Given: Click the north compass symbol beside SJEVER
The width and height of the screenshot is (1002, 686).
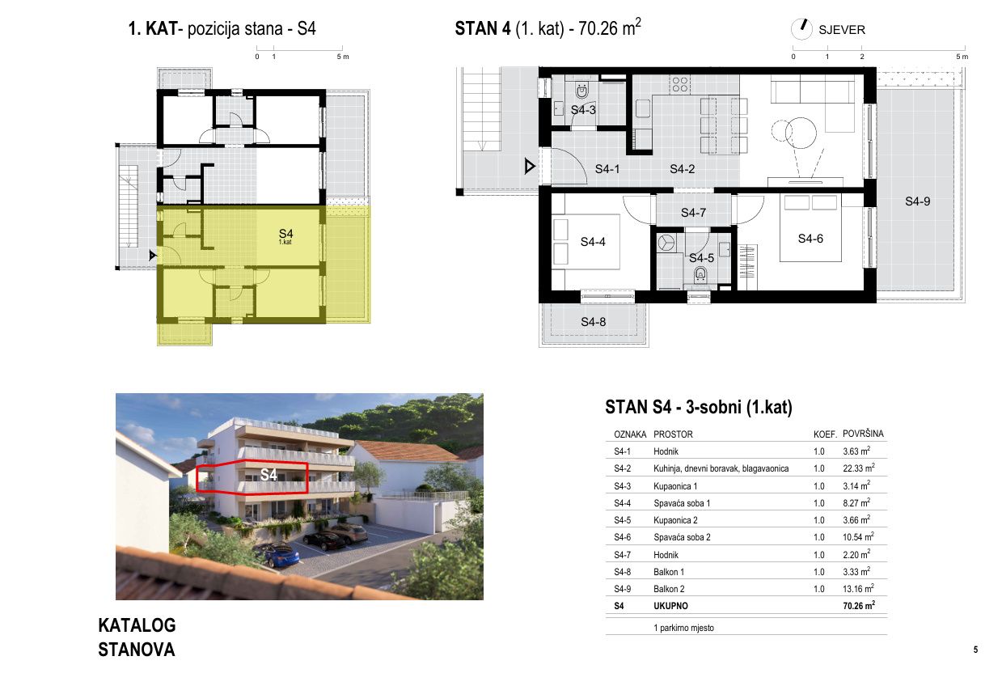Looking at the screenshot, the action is pyautogui.click(x=801, y=29).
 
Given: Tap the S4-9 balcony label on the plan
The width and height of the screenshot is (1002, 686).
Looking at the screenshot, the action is pyautogui.click(x=917, y=201).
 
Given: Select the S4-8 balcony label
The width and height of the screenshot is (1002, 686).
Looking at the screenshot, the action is pyautogui.click(x=593, y=322).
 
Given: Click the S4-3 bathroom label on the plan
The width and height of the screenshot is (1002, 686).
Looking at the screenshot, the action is pyautogui.click(x=583, y=110).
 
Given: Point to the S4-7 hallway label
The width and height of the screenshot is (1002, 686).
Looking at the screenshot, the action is pyautogui.click(x=693, y=213).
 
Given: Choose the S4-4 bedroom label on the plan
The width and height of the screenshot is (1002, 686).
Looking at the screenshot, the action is pyautogui.click(x=593, y=242).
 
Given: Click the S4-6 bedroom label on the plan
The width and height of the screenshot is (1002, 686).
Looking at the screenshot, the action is pyautogui.click(x=810, y=239).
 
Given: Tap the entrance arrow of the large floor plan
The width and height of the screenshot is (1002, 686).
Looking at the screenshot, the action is pyautogui.click(x=530, y=167).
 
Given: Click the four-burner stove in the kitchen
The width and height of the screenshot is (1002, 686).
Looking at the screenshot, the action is pyautogui.click(x=680, y=85).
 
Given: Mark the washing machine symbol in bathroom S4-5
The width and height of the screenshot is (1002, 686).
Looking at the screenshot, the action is pyautogui.click(x=666, y=242).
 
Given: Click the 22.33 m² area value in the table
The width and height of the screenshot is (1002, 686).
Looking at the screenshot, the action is pyautogui.click(x=858, y=468).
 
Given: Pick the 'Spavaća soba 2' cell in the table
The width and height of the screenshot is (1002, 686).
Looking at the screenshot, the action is pyautogui.click(x=682, y=537).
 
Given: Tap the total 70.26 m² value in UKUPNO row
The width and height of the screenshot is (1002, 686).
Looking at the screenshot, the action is pyautogui.click(x=859, y=605).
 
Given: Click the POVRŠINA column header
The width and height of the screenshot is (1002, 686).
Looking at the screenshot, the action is pyautogui.click(x=863, y=434).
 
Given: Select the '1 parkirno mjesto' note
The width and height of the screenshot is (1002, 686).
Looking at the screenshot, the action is pyautogui.click(x=683, y=628).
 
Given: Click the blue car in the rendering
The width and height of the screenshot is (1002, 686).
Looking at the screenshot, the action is pyautogui.click(x=281, y=555).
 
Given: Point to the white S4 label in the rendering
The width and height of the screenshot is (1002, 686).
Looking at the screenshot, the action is pyautogui.click(x=268, y=475).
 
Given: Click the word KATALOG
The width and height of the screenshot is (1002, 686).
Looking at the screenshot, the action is pyautogui.click(x=137, y=625).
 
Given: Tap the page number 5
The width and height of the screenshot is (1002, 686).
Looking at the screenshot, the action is pyautogui.click(x=975, y=650).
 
